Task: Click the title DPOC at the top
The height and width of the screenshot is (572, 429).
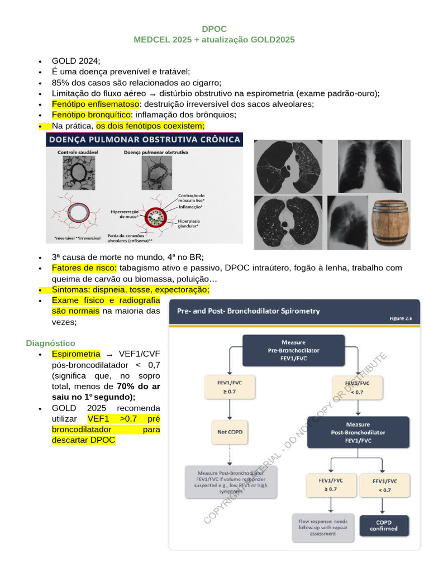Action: [214, 29]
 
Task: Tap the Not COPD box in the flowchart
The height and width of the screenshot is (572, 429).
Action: [230, 432]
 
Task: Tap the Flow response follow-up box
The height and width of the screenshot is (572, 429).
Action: [323, 527]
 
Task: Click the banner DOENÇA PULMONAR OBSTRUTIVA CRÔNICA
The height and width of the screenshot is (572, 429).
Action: [144, 140]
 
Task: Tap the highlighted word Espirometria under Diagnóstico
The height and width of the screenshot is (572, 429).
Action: [76, 354]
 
